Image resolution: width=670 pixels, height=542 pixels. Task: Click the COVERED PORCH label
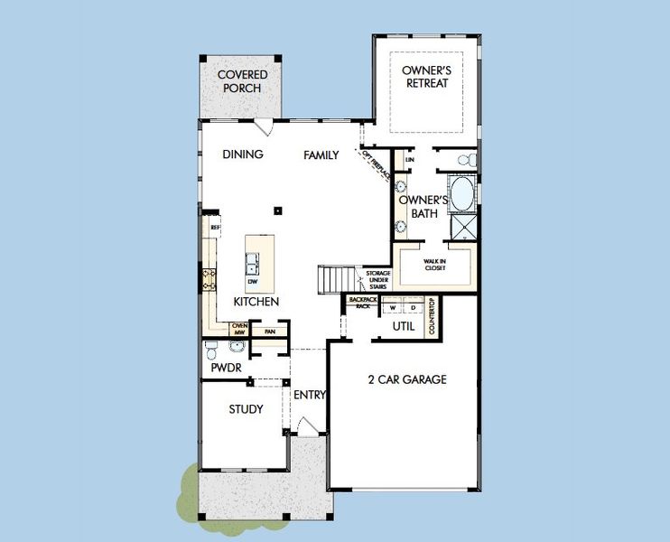click(x=239, y=81)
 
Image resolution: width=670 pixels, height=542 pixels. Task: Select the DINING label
click(x=243, y=154)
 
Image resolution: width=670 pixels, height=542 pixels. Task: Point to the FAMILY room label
click(x=321, y=155)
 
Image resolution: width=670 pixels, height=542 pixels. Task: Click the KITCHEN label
click(x=256, y=302)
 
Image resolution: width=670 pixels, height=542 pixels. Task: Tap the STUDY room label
click(x=246, y=409)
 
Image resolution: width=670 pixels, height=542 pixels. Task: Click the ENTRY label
click(x=309, y=395)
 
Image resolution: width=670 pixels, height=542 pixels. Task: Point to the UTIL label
click(x=404, y=326)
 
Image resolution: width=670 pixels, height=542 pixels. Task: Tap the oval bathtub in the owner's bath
click(x=462, y=192)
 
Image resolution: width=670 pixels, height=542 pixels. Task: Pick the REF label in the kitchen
click(x=215, y=229)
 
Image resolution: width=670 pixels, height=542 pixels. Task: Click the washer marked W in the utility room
click(x=393, y=307)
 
